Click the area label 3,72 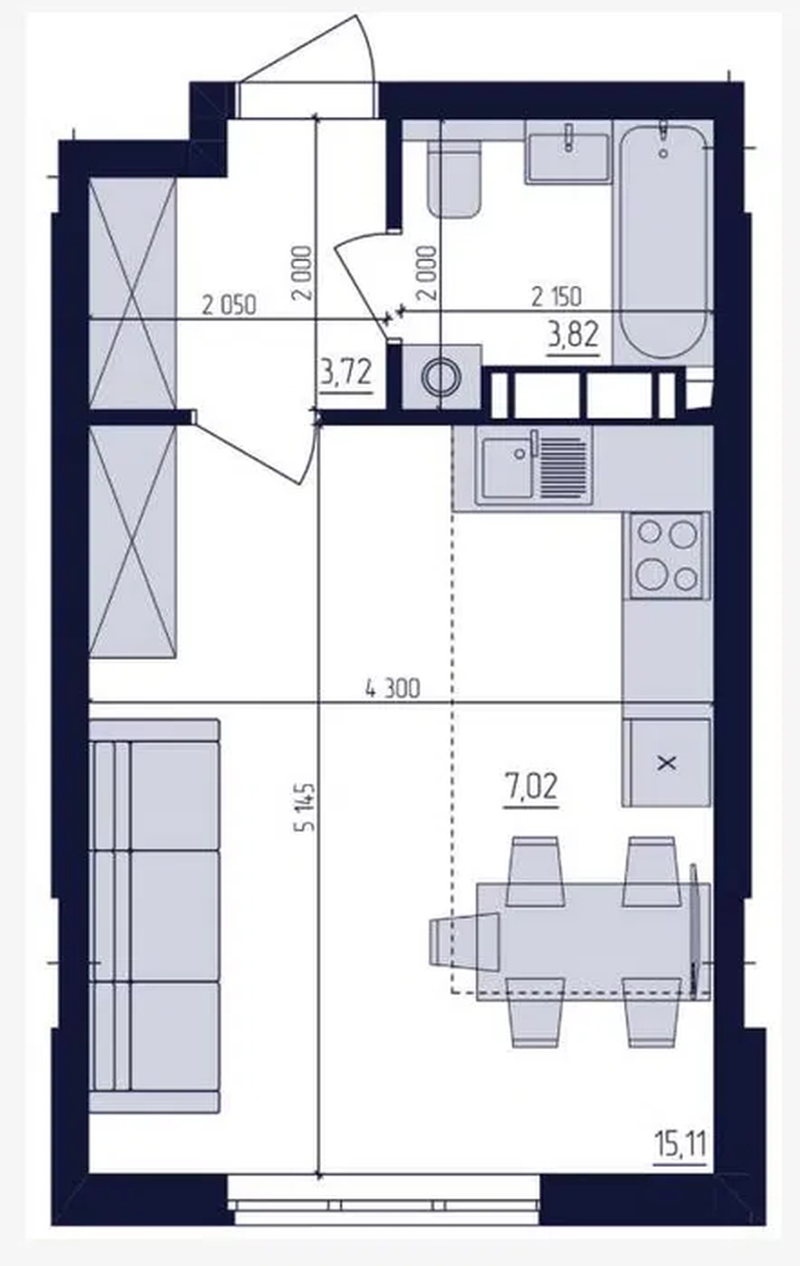click(345, 373)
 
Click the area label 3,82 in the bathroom click(572, 335)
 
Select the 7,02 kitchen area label click(531, 787)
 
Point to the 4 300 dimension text click(393, 689)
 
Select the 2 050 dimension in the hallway click(229, 305)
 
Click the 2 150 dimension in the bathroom click(556, 297)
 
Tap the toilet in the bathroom click(455, 177)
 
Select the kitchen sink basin click(507, 468)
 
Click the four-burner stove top click(666, 555)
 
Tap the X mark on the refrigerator click(667, 764)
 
